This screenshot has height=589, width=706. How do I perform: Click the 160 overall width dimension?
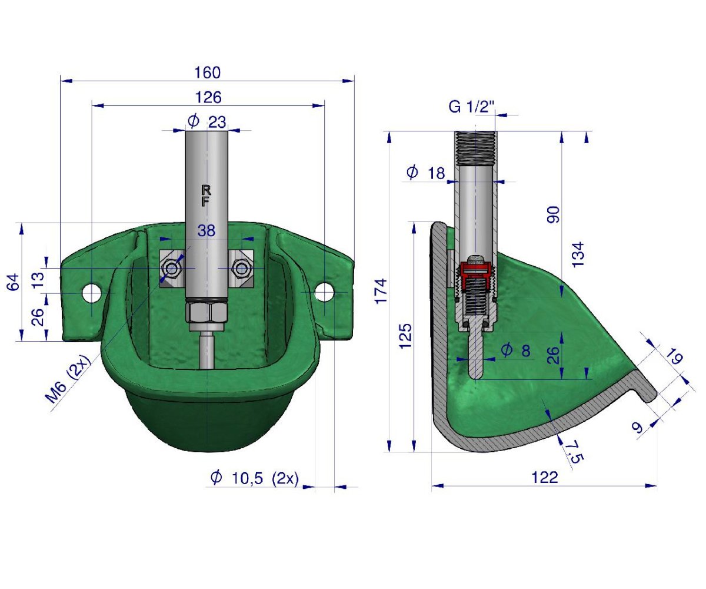click(x=207, y=72)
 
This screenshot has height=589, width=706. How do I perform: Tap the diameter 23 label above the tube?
click(x=207, y=122)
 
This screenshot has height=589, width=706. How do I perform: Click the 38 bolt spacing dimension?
click(x=207, y=231)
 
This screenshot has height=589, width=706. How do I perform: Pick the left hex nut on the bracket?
click(x=172, y=269)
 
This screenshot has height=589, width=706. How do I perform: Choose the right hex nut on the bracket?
click(x=240, y=269)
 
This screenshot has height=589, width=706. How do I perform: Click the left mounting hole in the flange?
click(x=92, y=292)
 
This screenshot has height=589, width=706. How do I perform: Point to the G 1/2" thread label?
click(x=471, y=107)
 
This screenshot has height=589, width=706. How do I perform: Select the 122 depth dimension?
click(x=544, y=478)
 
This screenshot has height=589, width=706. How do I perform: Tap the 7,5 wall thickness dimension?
click(x=570, y=451)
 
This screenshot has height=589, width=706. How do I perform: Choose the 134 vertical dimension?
click(x=579, y=254)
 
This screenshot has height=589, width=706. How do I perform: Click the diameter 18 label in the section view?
click(x=427, y=173)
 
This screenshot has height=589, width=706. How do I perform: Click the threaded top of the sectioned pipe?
click(x=475, y=147)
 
